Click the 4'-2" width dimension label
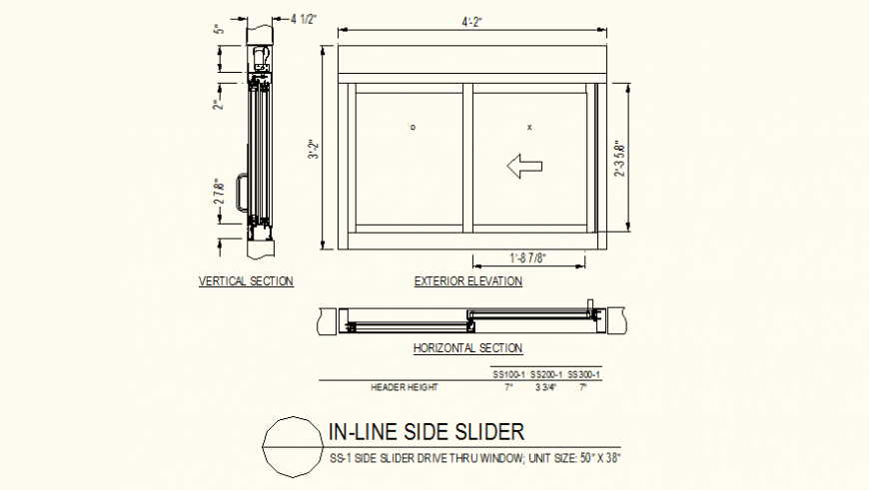click(x=473, y=21)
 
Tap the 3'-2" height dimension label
click(x=313, y=150)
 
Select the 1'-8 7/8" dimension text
click(x=528, y=258)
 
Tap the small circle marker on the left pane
click(x=413, y=128)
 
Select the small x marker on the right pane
click(x=529, y=128)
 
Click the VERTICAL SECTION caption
click(x=246, y=281)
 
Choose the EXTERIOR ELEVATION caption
click(x=467, y=281)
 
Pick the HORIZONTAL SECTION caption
click(x=467, y=348)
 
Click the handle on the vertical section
click(x=240, y=192)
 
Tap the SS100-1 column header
click(x=508, y=374)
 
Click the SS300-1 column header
click(x=584, y=374)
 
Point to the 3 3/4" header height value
click(x=545, y=387)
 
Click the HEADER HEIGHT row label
click(x=404, y=387)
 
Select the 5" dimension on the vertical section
click(x=218, y=30)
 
